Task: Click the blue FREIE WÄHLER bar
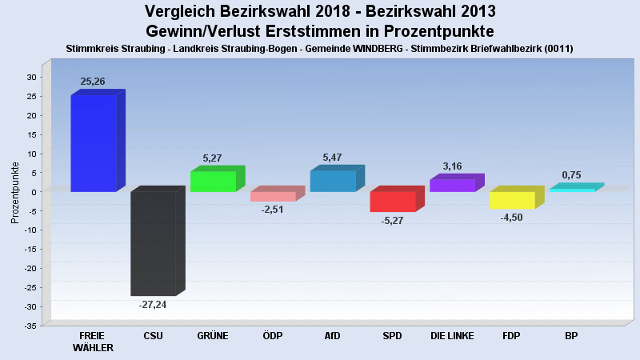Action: click(94, 143)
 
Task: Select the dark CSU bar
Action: click(154, 243)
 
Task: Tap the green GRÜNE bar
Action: click(213, 182)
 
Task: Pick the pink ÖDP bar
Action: click(273, 196)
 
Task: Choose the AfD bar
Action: click(333, 181)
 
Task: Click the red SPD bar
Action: click(393, 201)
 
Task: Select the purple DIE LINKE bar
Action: click(452, 185)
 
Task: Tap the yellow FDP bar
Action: click(512, 200)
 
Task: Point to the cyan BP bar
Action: click(571, 190)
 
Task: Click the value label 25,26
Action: click(93, 82)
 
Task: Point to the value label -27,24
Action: click(153, 305)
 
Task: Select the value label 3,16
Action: click(452, 166)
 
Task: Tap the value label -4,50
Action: click(511, 218)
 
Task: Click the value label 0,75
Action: click(571, 175)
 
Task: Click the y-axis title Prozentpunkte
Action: click(14, 193)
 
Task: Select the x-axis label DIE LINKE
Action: click(452, 336)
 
